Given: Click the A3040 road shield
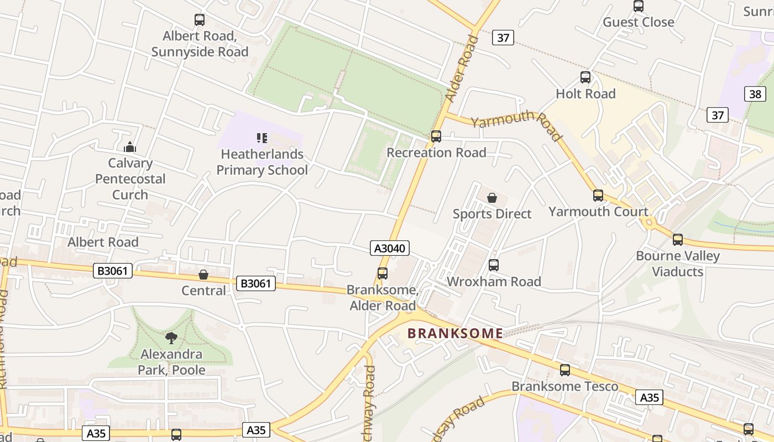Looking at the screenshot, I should tap(390, 249).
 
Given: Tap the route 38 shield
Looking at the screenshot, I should tap(755, 94).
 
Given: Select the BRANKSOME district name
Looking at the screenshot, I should tap(455, 333).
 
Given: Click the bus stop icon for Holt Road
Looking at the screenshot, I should tap(585, 77).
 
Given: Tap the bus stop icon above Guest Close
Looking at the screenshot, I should tap(639, 6).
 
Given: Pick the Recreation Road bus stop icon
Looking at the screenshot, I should tap(436, 136).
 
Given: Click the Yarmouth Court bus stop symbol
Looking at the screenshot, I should tap(598, 195).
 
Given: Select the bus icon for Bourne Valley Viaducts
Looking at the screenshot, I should tap(678, 240).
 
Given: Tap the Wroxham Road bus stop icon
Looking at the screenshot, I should tap(494, 265).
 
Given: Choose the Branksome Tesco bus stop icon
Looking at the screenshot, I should tap(565, 370).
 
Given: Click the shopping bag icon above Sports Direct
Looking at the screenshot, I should tap(492, 198).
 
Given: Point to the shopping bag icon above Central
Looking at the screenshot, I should tap(203, 275).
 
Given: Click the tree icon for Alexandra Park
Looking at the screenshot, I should tap(171, 338).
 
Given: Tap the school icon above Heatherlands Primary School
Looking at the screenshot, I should tap(262, 138).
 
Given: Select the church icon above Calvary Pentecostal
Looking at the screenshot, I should tap(130, 147).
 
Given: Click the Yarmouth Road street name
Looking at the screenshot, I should tap(517, 125).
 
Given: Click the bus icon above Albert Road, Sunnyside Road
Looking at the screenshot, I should tap(200, 20).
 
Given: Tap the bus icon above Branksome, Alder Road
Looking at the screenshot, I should tap(382, 273).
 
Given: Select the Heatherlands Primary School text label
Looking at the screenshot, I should tap(262, 162).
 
